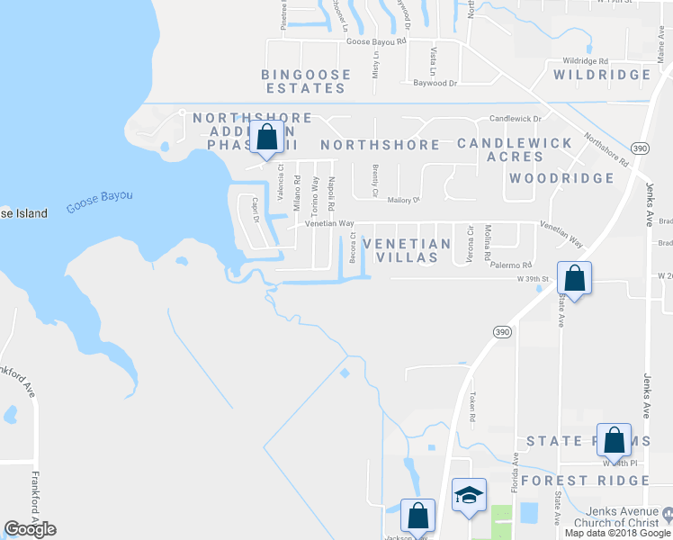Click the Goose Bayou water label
[x=99, y=202]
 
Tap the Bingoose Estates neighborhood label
[x=303, y=81]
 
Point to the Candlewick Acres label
[x=515, y=150]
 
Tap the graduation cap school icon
[x=469, y=495]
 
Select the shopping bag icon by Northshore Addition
[x=266, y=139]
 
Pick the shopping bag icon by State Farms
[x=615, y=440]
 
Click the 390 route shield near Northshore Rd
[x=640, y=148]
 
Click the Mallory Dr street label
[x=404, y=201]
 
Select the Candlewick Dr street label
[x=515, y=119]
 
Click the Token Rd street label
[x=471, y=407]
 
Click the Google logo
[x=31, y=529]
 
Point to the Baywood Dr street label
[x=435, y=83]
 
